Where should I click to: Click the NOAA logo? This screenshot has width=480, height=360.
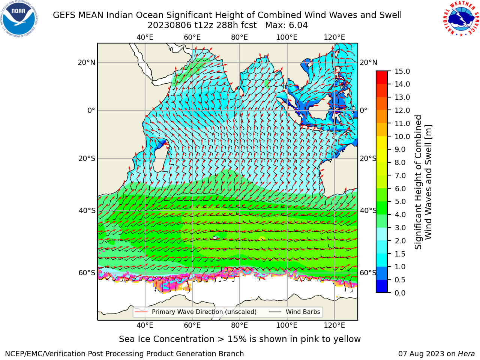tap(19, 19)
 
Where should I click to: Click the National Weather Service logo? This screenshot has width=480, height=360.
tap(460, 19)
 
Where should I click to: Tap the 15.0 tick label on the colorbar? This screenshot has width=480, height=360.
tap(402, 71)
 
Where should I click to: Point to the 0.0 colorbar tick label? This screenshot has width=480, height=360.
tap(400, 293)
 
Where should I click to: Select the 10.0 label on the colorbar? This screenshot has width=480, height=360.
tap(402, 136)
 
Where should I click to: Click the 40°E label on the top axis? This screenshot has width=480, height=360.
tap(145, 37)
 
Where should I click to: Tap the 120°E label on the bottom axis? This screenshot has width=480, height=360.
tap(334, 325)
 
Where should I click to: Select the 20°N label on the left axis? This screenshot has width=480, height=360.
tap(87, 63)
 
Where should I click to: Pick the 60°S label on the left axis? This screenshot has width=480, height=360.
tap(87, 273)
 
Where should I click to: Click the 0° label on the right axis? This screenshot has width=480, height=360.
tap(364, 110)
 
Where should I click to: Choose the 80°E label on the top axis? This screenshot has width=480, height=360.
tap(240, 37)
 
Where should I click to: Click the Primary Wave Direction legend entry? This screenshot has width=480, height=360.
tap(196, 312)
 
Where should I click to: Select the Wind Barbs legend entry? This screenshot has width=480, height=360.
tap(294, 312)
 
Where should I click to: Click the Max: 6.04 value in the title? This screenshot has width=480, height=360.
tap(286, 25)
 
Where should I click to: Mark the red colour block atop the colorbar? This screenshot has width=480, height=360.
tap(382, 74)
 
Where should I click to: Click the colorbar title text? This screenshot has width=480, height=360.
tap(423, 182)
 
